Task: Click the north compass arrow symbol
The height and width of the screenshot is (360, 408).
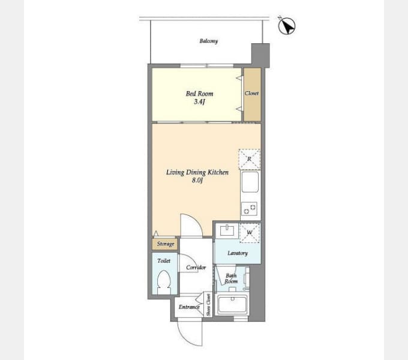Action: [287, 26]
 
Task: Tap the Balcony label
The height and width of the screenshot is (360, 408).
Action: [209, 41]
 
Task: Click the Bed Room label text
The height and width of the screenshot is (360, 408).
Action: [199, 94]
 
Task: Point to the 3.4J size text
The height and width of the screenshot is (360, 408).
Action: [199, 102]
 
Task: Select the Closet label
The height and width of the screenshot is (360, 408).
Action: [251, 93]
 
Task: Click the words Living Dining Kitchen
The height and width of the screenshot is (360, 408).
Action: [197, 172]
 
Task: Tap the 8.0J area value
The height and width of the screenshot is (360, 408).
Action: [197, 180]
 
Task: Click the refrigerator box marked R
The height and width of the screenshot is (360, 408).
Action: [249, 159]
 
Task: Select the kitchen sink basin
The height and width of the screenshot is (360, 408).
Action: [250, 182]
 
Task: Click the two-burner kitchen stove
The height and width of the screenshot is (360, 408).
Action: [249, 209]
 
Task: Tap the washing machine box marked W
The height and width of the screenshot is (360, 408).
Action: [250, 233]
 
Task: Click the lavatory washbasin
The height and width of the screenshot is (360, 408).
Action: [227, 230]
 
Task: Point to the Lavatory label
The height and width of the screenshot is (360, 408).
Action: [238, 253]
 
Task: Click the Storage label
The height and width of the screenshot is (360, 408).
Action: [166, 244]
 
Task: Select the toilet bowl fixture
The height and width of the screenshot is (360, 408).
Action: [164, 281]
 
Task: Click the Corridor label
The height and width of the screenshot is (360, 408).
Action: [196, 268]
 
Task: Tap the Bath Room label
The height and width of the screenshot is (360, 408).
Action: [231, 278]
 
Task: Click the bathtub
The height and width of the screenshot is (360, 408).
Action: [232, 304]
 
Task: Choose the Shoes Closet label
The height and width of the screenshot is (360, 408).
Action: [208, 305]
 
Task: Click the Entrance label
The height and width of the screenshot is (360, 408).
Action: [189, 307]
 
